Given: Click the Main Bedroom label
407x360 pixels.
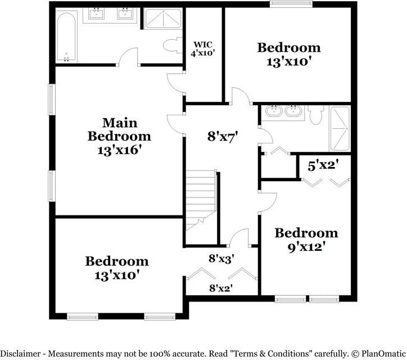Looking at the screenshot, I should coord(120,136).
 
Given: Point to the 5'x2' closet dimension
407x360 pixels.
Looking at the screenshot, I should coord(323,166).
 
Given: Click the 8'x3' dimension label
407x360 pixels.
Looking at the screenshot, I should coord(221,259).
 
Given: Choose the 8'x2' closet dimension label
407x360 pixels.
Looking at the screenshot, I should coord(221,289).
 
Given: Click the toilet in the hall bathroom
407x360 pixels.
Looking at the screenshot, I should coord(315,115).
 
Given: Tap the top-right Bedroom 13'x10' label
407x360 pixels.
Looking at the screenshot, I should coord(288,54).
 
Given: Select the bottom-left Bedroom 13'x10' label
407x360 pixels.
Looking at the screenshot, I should coord(117,268).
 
